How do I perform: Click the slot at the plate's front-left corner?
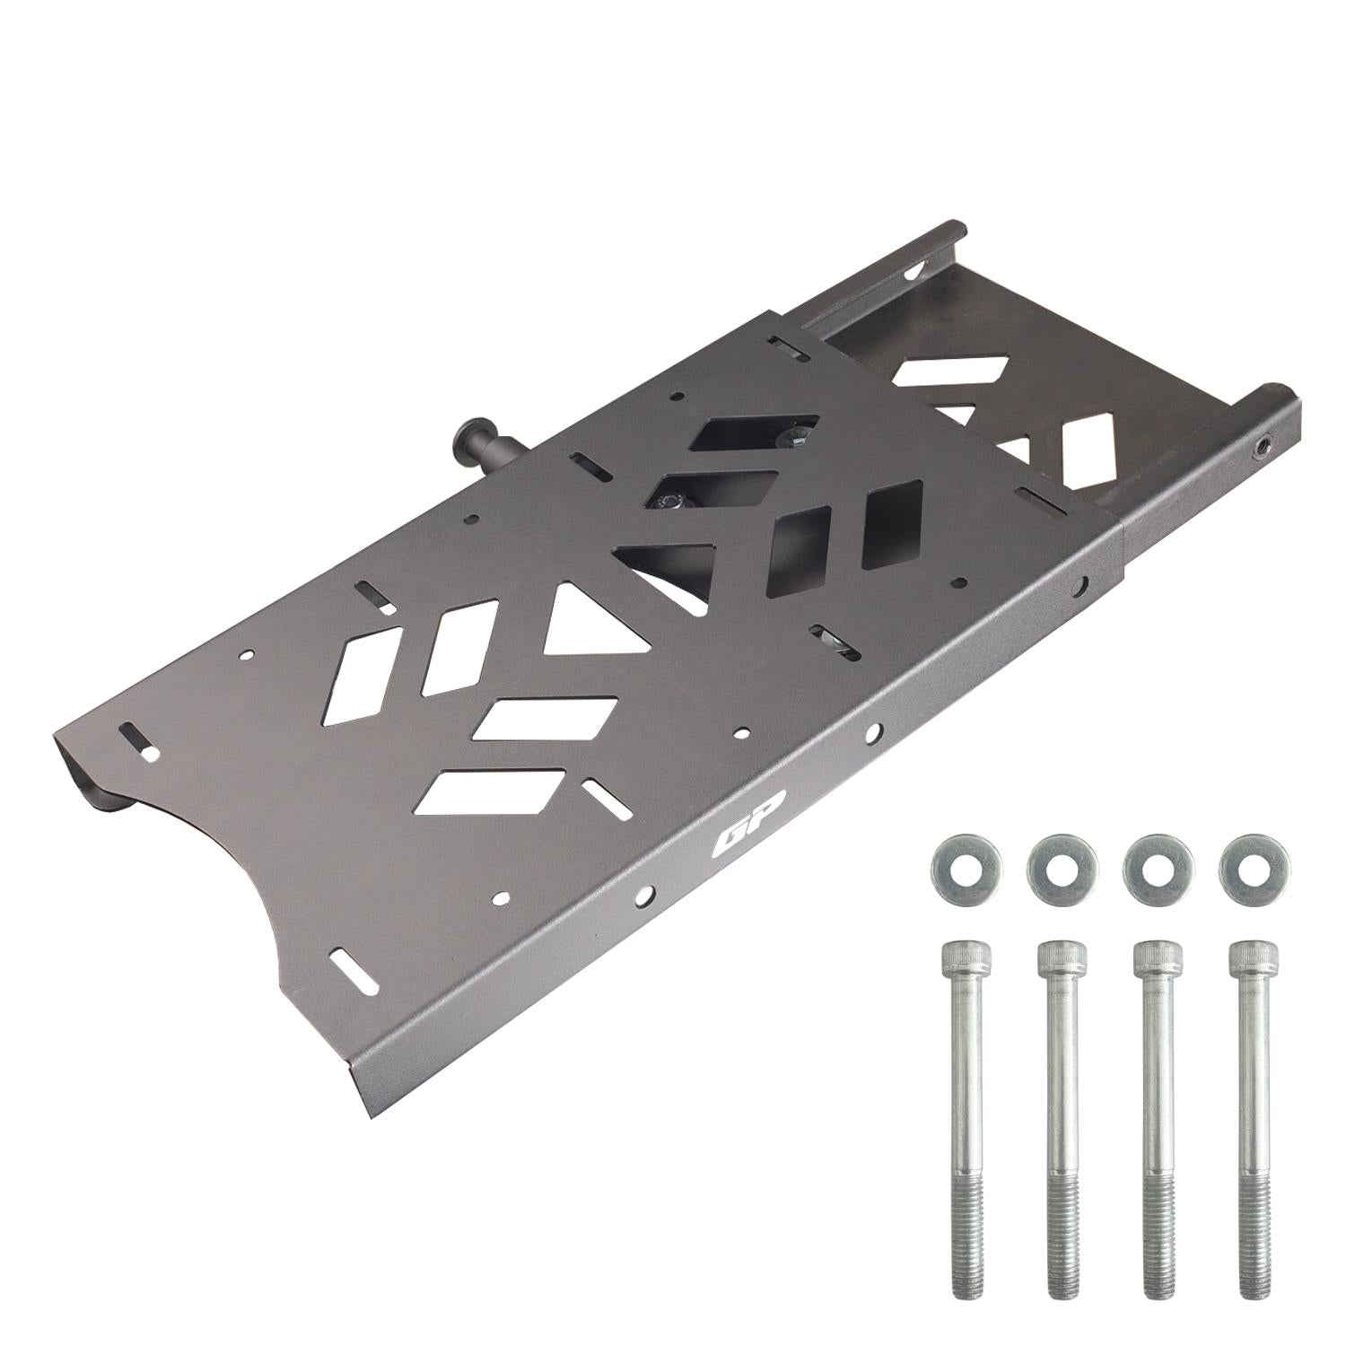click(138, 739)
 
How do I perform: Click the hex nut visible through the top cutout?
click(791, 437)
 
